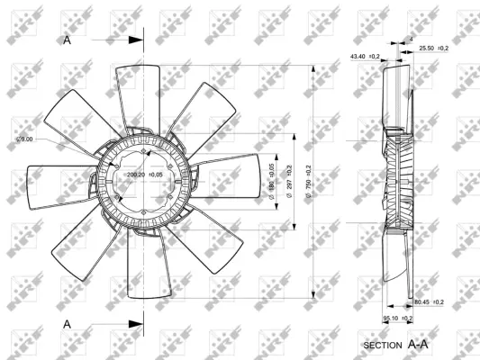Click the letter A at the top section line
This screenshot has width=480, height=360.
68,40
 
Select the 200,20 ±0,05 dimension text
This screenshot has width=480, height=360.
144,175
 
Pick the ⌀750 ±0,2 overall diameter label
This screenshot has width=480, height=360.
308,181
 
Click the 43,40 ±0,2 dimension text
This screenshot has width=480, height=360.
365,57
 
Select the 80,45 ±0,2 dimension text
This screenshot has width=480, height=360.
428,301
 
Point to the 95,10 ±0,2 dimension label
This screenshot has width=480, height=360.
398,318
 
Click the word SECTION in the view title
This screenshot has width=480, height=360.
384,345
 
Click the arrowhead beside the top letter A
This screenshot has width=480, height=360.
136,40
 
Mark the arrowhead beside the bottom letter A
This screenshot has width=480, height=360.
136,322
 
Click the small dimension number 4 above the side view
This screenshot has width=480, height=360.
411,39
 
